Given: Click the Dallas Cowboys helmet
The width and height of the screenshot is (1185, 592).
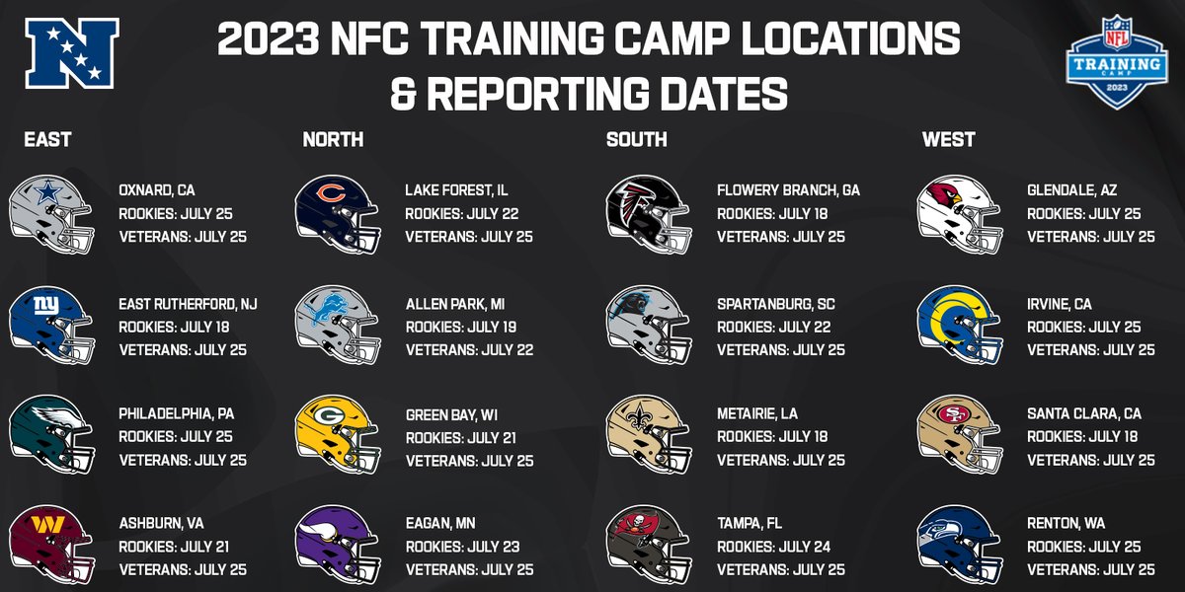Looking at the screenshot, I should click(x=51, y=213).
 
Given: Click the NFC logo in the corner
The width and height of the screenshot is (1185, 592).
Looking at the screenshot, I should click(x=72, y=55).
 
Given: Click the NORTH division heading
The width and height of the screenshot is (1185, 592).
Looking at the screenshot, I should click(x=333, y=140).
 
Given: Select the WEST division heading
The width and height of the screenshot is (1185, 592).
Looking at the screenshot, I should click(x=948, y=140).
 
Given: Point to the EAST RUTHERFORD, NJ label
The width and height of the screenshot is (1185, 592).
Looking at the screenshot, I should click(x=188, y=304).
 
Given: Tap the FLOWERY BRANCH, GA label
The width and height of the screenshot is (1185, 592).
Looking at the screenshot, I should click(x=788, y=190).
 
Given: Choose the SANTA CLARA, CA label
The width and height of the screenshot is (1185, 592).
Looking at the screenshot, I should click(x=1084, y=414).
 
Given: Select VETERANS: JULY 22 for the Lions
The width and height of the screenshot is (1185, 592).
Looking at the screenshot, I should click(x=469, y=349).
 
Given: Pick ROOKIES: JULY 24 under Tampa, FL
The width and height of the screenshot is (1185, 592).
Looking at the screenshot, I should click(x=772, y=547).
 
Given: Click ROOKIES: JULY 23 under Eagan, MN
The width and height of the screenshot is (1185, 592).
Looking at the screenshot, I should click(x=461, y=547).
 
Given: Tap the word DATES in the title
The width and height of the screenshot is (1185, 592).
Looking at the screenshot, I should click(x=712, y=96).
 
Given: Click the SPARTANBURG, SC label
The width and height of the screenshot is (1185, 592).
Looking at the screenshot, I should click(x=776, y=304).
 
